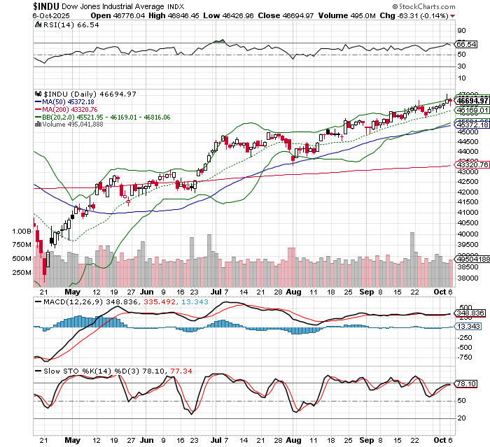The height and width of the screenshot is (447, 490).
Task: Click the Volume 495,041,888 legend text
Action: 73,125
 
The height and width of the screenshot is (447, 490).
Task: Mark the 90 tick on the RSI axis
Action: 461,31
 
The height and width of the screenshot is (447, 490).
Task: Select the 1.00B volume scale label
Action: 22,230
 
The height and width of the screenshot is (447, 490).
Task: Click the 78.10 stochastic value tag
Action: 465,383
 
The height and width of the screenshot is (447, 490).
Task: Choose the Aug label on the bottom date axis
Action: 294,441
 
